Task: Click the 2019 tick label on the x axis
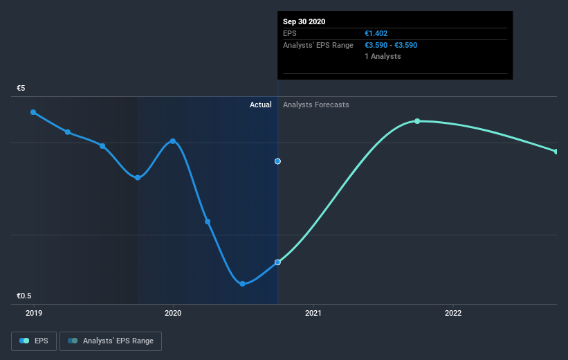pyautogui.click(x=33, y=313)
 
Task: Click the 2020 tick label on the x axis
pyautogui.click(x=173, y=313)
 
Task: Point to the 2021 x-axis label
pyautogui.click(x=313, y=313)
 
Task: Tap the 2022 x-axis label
pyautogui.click(x=453, y=313)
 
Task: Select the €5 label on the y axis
pyautogui.click(x=21, y=89)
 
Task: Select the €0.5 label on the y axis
pyautogui.click(x=25, y=296)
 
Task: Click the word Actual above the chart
pyautogui.click(x=261, y=105)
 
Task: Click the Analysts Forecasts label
pyautogui.click(x=315, y=105)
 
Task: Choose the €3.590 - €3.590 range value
pyautogui.click(x=391, y=45)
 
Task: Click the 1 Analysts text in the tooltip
pyautogui.click(x=383, y=56)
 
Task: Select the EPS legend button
pyautogui.click(x=34, y=341)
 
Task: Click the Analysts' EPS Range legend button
pyautogui.click(x=111, y=341)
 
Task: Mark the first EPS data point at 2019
pyautogui.click(x=33, y=112)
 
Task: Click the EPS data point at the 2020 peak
pyautogui.click(x=173, y=141)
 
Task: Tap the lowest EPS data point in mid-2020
pyautogui.click(x=242, y=284)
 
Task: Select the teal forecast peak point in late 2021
pyautogui.click(x=417, y=121)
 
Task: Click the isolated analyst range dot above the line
pyautogui.click(x=277, y=161)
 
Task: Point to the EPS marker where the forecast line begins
pyautogui.click(x=277, y=262)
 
